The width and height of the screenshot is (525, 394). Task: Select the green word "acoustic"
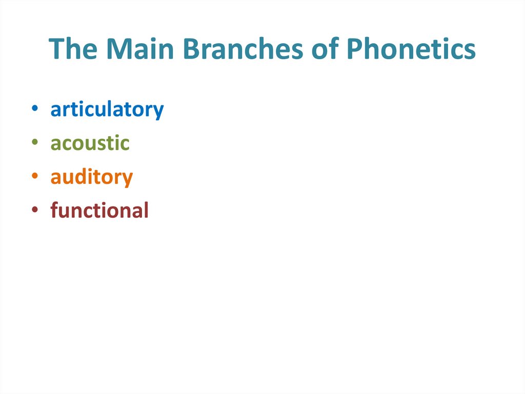point(90,144)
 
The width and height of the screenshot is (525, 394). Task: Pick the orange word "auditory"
point(91,178)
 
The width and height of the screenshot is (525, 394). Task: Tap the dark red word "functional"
point(99,211)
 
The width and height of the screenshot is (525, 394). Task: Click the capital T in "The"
point(56,49)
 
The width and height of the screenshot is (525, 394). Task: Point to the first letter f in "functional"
point(54,210)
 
